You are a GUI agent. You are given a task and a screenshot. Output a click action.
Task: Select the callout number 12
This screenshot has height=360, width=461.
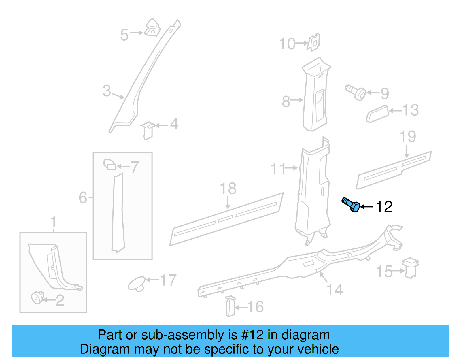(x=384, y=207)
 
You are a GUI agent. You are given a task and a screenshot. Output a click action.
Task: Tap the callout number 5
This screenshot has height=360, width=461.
(x=124, y=35)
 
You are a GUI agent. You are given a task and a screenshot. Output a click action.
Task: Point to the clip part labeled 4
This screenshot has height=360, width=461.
(x=148, y=131)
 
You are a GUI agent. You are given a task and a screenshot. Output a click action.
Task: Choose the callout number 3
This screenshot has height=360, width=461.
(x=107, y=91)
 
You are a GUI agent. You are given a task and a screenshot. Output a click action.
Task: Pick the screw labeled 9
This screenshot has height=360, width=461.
(x=356, y=92)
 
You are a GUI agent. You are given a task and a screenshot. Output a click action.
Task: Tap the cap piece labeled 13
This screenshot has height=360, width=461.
(x=377, y=114)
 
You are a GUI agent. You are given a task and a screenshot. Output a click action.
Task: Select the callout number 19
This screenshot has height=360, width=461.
(x=408, y=136)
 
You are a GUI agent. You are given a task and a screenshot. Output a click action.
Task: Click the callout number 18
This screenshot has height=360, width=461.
(x=228, y=189)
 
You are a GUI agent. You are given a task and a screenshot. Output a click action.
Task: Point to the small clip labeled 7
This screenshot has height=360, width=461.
(x=110, y=165)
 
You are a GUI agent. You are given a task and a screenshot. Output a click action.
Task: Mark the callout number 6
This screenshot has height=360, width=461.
(x=83, y=198)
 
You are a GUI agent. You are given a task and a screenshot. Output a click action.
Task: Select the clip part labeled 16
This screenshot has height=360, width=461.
(x=230, y=306)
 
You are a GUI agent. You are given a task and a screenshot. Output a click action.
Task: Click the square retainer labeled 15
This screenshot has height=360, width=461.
(x=411, y=268)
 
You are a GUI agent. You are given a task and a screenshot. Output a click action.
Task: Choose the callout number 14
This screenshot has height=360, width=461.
(x=335, y=290)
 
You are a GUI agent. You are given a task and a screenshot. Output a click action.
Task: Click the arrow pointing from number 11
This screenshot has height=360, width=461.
(x=292, y=168)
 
